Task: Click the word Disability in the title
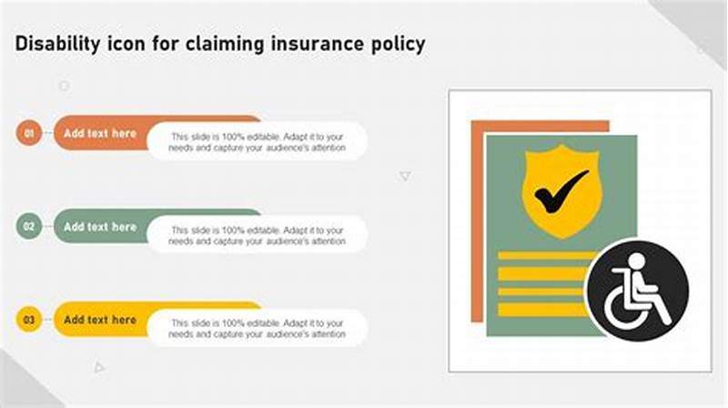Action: pyautogui.click(x=56, y=44)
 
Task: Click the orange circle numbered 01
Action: pyautogui.click(x=29, y=134)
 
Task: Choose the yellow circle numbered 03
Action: pyautogui.click(x=29, y=321)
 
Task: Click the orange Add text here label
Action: pyautogui.click(x=100, y=133)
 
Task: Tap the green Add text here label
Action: pyautogui.click(x=100, y=227)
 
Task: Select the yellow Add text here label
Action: pyautogui.click(x=100, y=320)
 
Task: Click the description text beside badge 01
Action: pyautogui.click(x=258, y=141)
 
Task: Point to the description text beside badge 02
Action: pyautogui.click(x=258, y=235)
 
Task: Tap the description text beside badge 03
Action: pyautogui.click(x=258, y=328)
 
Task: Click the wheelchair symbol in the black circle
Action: pyautogui.click(x=638, y=292)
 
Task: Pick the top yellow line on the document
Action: pyautogui.click(x=546, y=256)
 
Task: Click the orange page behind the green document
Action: pyautogui.click(x=477, y=219)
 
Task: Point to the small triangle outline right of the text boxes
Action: pyautogui.click(x=405, y=177)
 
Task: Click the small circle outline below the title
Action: pyautogui.click(x=64, y=86)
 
